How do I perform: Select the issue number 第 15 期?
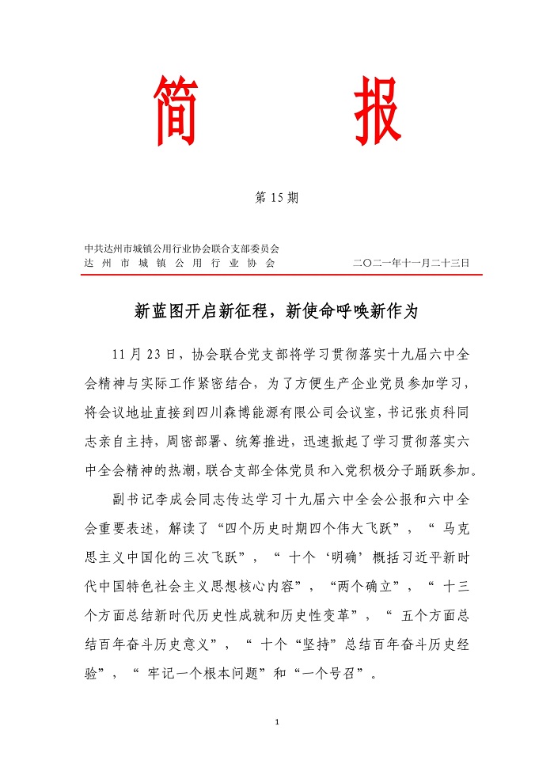tap(276, 198)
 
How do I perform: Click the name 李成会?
tap(182, 503)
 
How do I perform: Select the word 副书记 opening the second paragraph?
tap(135, 503)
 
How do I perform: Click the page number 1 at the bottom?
tap(277, 722)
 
